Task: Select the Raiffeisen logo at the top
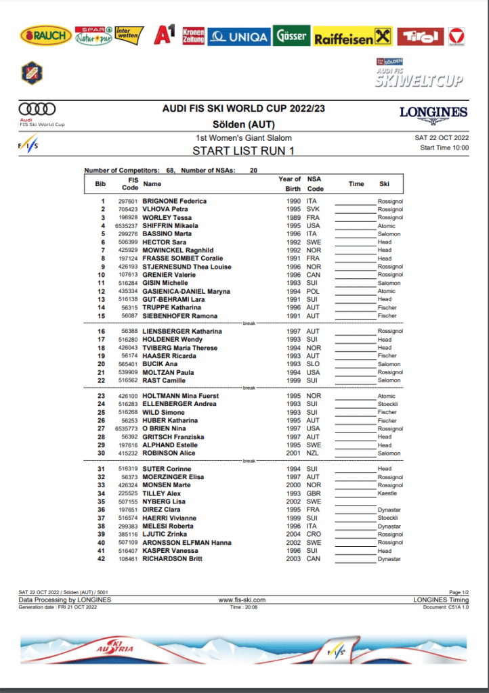tap(352, 38)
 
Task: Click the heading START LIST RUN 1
tap(243, 151)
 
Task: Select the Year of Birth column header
tap(289, 184)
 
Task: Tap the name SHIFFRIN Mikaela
tap(170, 225)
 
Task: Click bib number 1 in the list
tap(103, 201)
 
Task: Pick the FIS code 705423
tap(128, 209)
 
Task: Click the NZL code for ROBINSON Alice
tap(312, 453)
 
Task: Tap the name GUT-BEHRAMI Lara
tap(173, 299)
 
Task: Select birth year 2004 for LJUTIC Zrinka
tap(293, 535)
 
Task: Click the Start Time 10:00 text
tap(444, 148)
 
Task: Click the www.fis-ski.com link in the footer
tap(242, 600)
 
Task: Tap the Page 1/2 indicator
tap(459, 593)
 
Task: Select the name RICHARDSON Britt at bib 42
tap(173, 559)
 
